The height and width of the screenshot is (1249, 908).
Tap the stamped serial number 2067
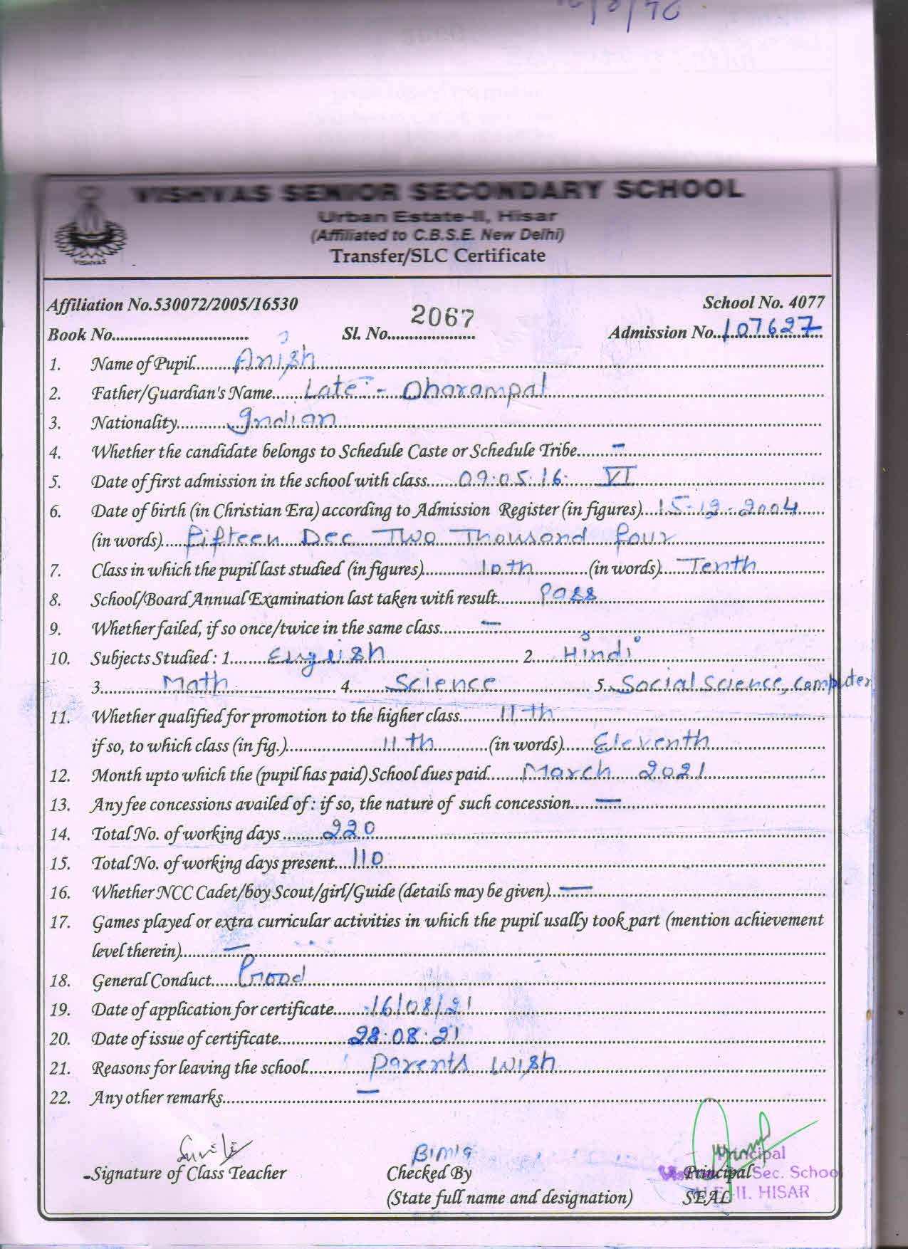pos(442,316)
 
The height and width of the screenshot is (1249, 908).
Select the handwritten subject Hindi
pos(597,652)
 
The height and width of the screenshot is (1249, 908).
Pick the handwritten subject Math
pos(194,684)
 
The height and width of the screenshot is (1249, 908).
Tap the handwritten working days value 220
pos(349,828)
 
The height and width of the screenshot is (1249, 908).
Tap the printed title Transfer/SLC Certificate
pos(438,256)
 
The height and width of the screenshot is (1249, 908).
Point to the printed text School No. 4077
pos(763,303)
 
